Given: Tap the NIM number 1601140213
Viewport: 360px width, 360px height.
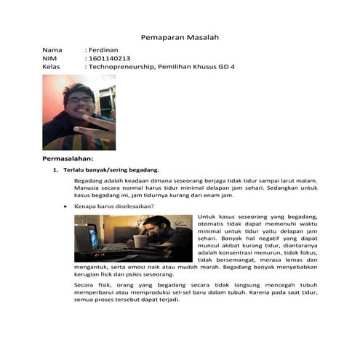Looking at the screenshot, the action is coord(110,58).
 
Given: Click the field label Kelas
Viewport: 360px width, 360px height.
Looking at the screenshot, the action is coord(52,67).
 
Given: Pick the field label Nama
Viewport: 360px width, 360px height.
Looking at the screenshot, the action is coord(52,49).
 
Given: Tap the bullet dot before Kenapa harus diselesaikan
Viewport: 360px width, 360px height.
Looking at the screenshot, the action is coord(66,207).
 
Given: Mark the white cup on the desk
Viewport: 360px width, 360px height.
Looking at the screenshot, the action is coord(140,241).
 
